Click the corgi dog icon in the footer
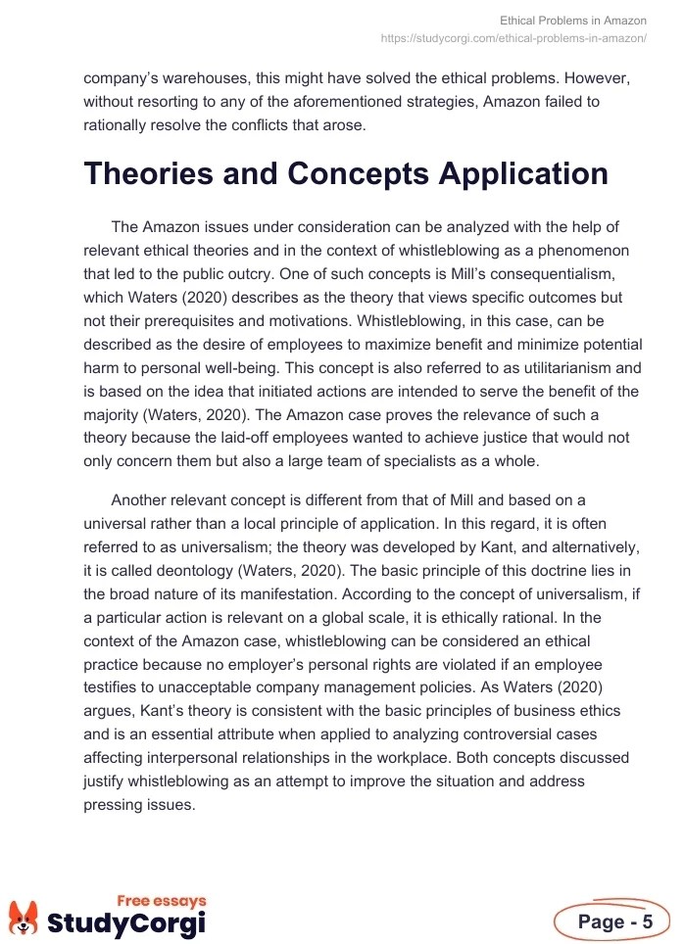coord(23,918)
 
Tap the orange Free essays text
coord(162,900)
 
